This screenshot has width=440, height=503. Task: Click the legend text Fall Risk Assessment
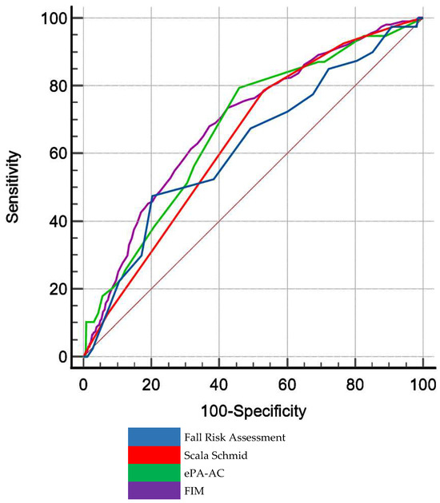click(x=234, y=438)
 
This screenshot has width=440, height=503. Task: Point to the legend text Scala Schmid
click(x=216, y=455)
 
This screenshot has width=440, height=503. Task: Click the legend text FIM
click(x=195, y=490)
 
